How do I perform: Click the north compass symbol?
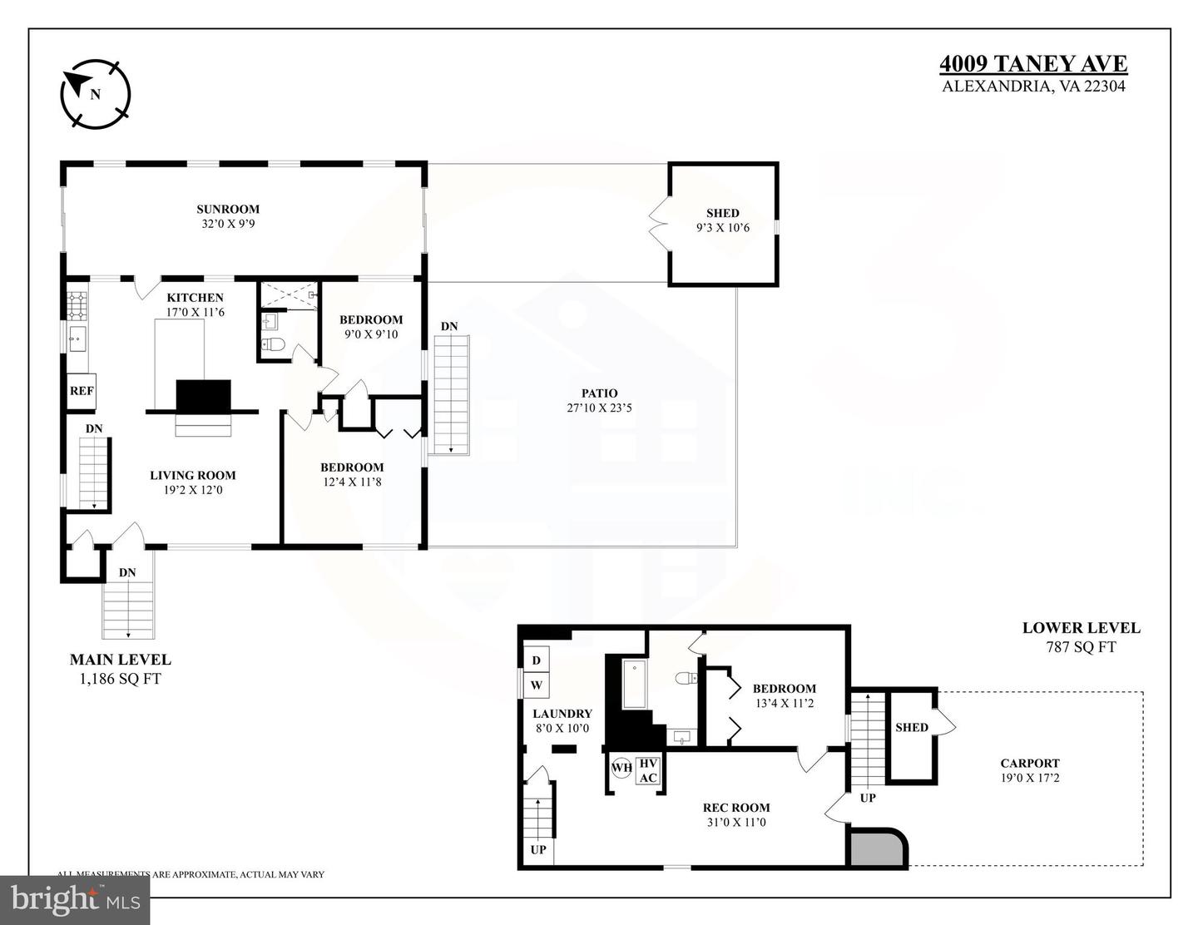95,93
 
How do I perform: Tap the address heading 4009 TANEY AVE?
1033,64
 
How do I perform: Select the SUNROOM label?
227,210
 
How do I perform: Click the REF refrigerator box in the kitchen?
82,391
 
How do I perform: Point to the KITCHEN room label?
195,298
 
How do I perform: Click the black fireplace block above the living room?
203,396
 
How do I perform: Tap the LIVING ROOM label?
192,476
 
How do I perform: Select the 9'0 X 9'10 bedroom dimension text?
370,334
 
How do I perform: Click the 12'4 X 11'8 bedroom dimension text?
352,482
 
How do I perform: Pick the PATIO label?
599,393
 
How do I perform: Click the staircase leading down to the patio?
450,394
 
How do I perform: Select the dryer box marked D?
536,660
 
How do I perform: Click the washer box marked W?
536,685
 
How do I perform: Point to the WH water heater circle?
621,768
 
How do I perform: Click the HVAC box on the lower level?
648,771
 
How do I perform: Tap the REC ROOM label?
735,808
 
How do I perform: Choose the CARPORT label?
1029,764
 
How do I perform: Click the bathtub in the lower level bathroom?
635,685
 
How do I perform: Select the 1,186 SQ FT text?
120,679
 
